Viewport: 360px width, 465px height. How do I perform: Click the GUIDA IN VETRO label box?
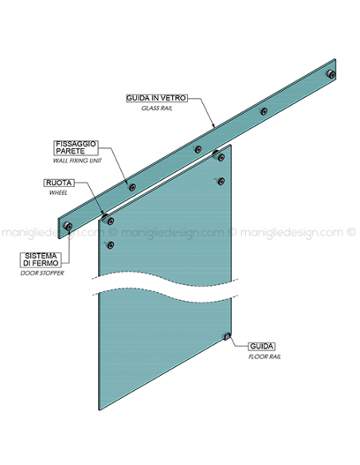coord(157,98)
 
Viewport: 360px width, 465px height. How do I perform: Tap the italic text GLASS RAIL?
coord(157,108)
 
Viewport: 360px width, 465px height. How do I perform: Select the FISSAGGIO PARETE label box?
coord(76,147)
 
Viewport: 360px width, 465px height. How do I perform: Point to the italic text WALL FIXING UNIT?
coord(77,161)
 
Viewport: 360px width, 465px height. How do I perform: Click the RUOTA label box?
coord(59,183)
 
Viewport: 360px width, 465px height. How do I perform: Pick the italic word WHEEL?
coord(58,193)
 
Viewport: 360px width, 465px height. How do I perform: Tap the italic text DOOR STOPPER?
coord(42,273)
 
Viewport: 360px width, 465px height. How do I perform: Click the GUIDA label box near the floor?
coord(261,346)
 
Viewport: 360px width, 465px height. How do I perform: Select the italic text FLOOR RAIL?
coord(264,357)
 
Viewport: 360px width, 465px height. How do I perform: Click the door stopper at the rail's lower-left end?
coord(68,226)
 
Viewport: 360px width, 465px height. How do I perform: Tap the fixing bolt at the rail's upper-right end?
coord(331,74)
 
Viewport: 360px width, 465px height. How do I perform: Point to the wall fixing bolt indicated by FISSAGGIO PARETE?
coord(132,187)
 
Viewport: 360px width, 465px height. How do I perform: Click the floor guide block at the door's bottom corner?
coord(227,337)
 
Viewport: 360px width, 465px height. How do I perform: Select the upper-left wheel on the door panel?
coord(110,221)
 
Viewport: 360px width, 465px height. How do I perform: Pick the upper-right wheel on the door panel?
coord(221,158)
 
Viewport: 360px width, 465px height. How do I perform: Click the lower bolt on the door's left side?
coord(111,245)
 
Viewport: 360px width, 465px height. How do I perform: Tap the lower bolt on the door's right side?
coord(221,182)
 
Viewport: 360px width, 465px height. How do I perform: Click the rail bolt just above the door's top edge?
coord(198,150)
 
